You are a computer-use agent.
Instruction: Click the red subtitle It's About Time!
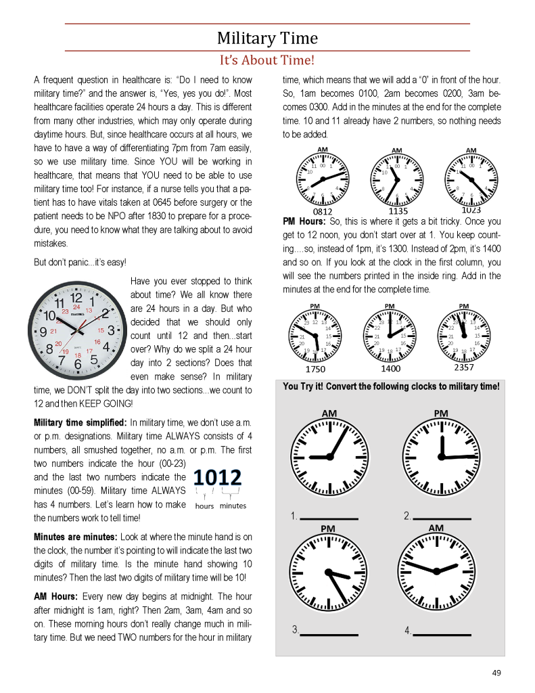(267, 60)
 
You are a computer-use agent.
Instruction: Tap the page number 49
(496, 672)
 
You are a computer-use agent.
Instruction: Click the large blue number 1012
(217, 478)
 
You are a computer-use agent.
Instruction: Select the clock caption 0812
(322, 212)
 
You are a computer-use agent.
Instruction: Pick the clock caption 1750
(315, 370)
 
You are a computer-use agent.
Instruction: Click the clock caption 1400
(390, 369)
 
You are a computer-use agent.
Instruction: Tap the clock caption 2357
(464, 368)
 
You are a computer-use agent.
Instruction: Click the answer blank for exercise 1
(328, 518)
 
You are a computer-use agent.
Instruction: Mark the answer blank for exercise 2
(441, 518)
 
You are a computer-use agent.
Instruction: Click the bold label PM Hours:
(304, 221)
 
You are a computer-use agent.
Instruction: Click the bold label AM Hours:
(56, 596)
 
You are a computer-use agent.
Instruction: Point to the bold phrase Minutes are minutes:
(75, 537)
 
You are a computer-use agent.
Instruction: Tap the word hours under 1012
(204, 506)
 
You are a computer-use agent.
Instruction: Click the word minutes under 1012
(233, 506)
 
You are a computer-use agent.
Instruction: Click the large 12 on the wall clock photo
(76, 297)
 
